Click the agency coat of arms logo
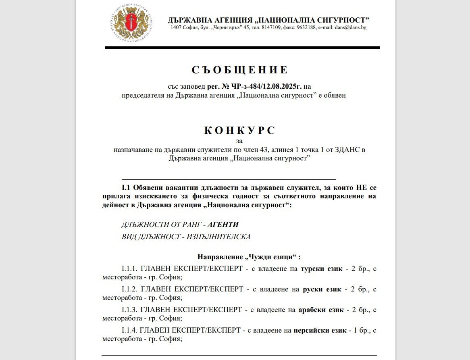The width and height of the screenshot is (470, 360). click(x=132, y=24)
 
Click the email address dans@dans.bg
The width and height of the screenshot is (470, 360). click(x=350, y=28)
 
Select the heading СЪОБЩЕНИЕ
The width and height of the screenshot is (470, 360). click(x=240, y=70)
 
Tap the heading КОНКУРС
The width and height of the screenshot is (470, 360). click(x=240, y=130)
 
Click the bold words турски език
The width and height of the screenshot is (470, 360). click(x=321, y=268)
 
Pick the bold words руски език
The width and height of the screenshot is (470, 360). click(x=322, y=289)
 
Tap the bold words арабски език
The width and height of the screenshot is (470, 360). click(x=321, y=310)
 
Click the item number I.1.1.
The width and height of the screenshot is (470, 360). click(x=130, y=268)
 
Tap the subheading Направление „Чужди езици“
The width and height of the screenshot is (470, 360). click(x=249, y=257)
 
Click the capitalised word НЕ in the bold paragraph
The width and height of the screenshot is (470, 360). click(x=360, y=187)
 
